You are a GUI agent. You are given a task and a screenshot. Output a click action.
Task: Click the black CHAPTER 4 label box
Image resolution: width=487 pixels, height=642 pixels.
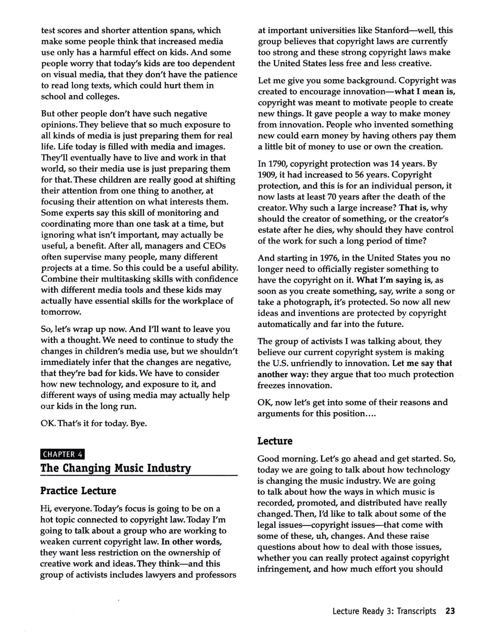pos(63,454)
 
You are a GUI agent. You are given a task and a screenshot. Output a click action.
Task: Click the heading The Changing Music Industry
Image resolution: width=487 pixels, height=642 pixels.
pos(116,468)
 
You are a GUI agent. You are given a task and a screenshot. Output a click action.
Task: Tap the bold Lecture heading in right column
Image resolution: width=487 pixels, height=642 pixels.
pos(275,441)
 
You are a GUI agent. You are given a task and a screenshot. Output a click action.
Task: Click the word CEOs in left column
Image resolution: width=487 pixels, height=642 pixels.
pos(214,246)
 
